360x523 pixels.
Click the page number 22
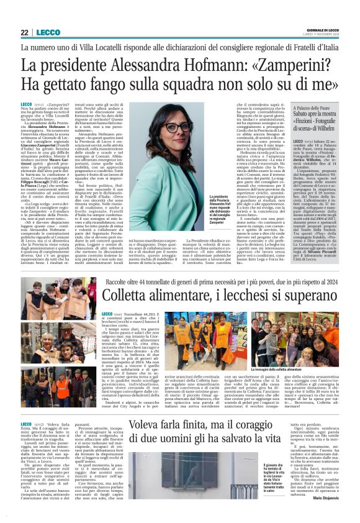24,32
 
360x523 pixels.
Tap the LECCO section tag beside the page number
48,32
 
